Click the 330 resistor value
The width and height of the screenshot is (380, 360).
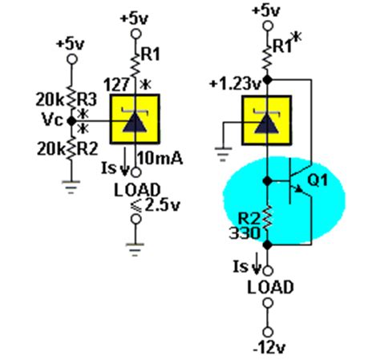pyautogui.click(x=244, y=234)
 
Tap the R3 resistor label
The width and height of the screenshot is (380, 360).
pyautogui.click(x=87, y=99)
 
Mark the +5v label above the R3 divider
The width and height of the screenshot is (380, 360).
pyautogui.click(x=72, y=42)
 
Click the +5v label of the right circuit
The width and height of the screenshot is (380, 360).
pyautogui.click(x=266, y=11)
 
